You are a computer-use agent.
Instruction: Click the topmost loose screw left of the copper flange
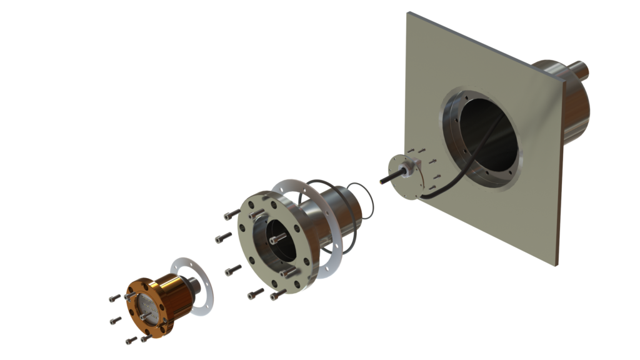click(114, 299)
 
